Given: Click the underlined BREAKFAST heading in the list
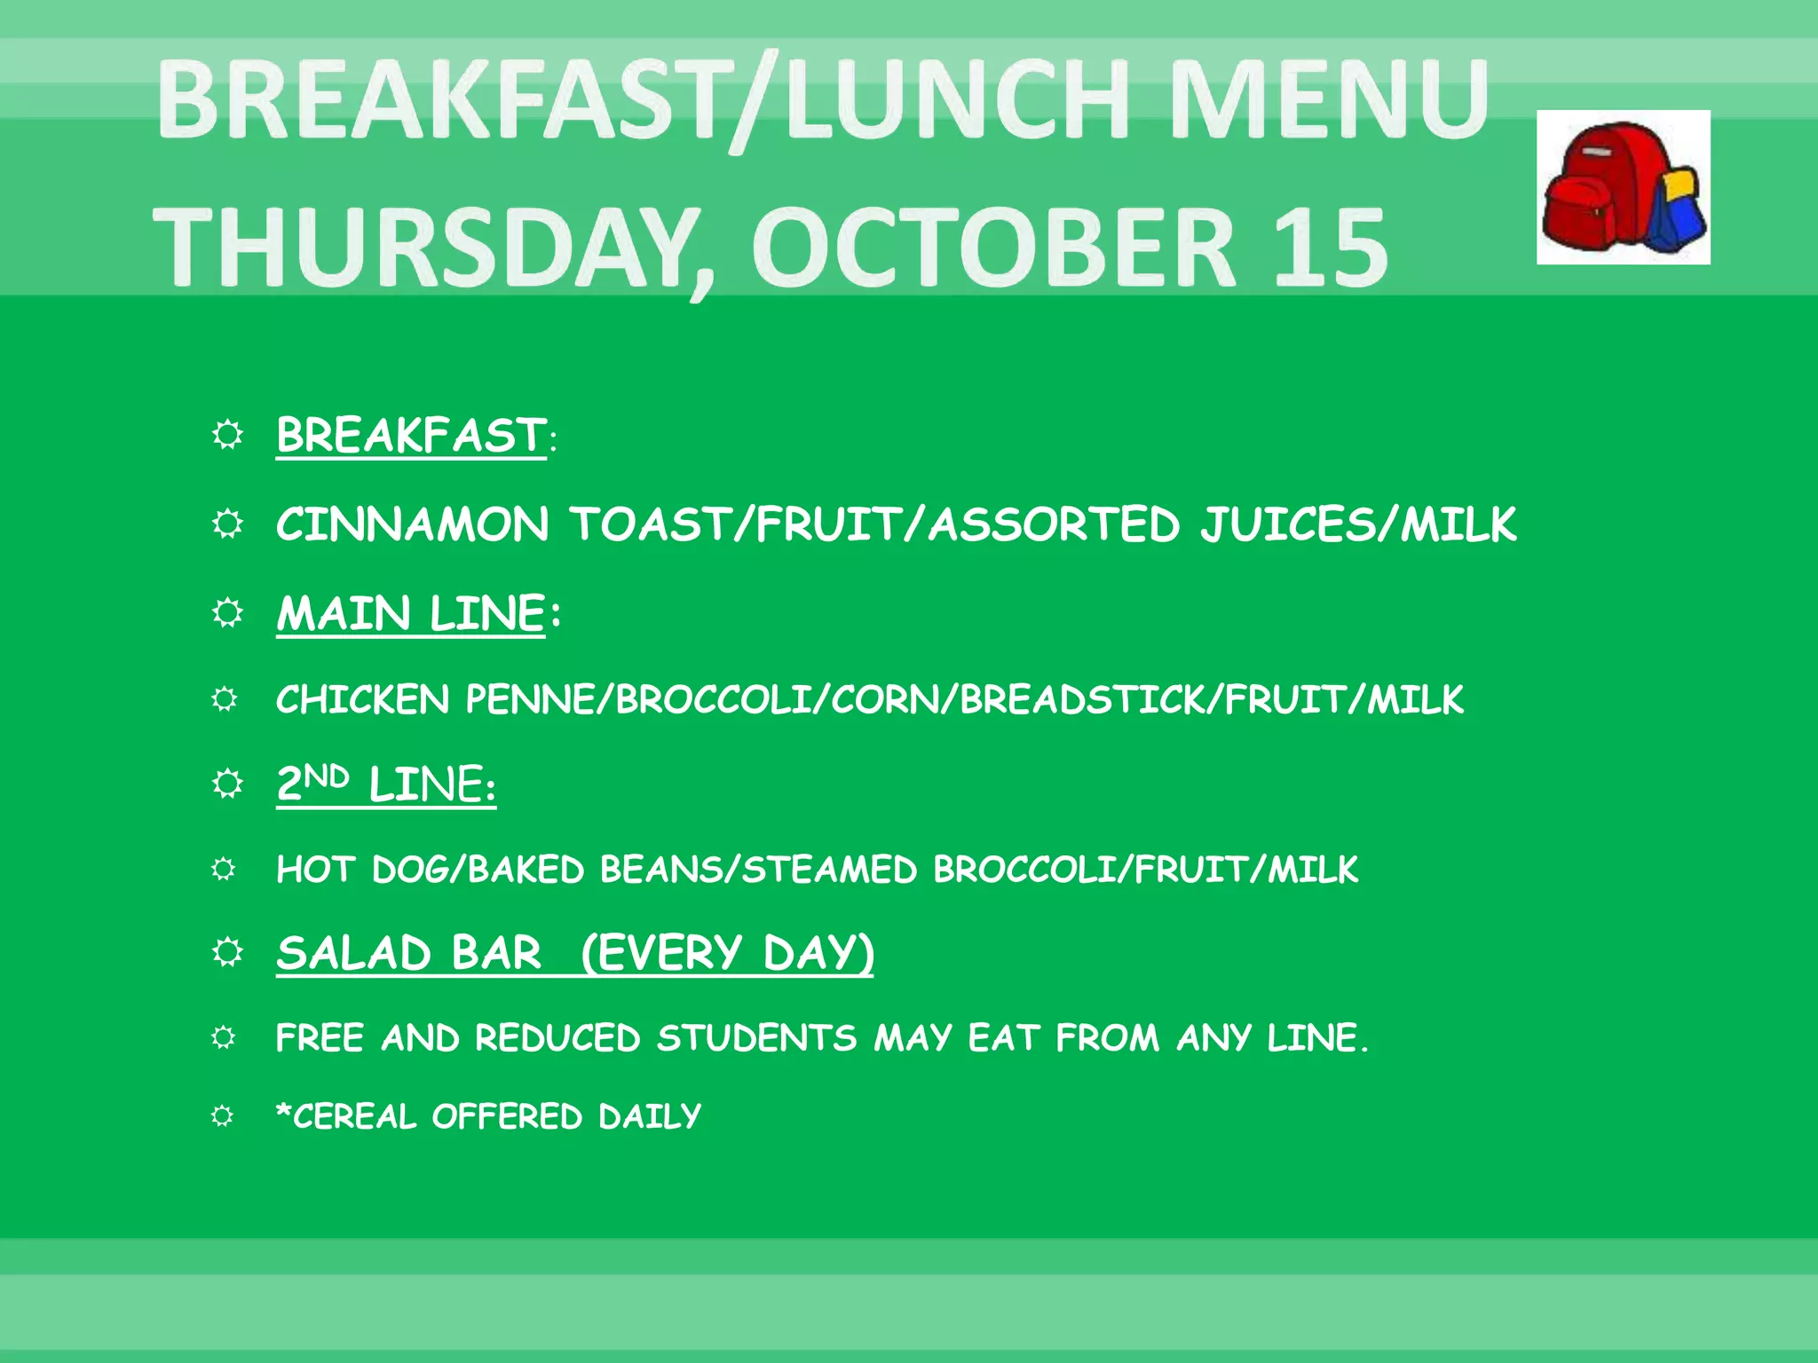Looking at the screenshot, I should click(x=411, y=435).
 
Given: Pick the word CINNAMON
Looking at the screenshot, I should click(x=413, y=524).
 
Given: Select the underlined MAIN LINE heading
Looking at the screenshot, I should click(x=410, y=613).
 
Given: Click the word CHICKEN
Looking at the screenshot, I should click(x=362, y=700).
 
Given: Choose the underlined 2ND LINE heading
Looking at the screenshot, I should click(x=386, y=784).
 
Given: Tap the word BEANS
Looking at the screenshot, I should click(x=657, y=870).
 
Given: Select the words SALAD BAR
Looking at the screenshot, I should click(x=408, y=954).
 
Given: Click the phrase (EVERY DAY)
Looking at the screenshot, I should click(x=728, y=954).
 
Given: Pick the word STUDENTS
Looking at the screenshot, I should click(x=756, y=1038).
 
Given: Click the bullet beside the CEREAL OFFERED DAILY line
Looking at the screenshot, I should click(x=223, y=1115).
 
